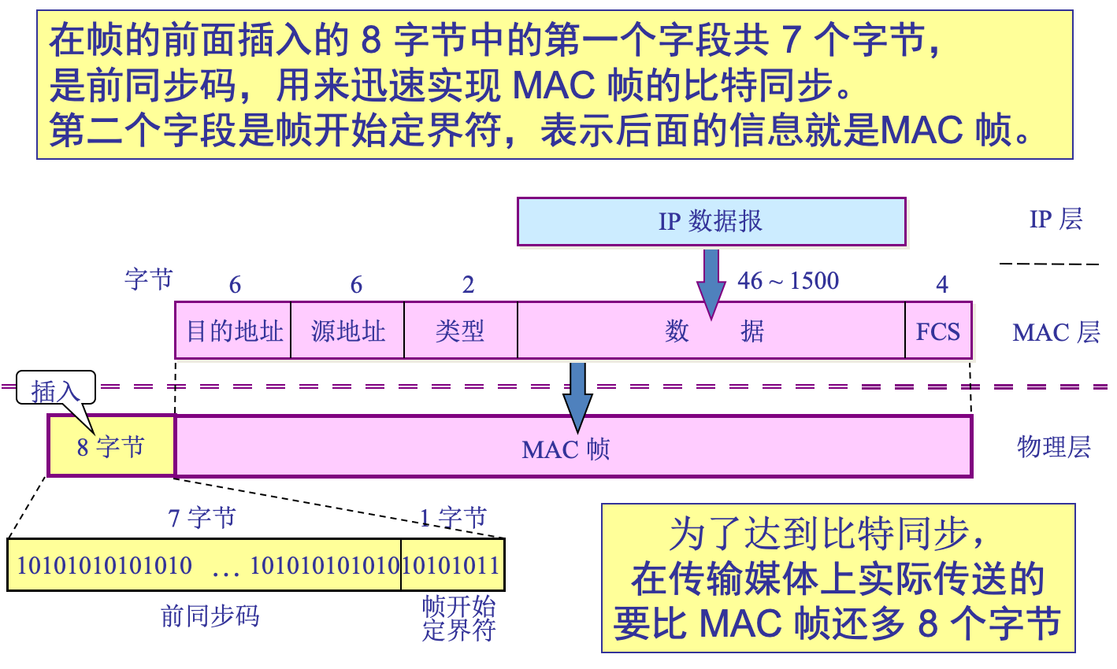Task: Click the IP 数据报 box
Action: point(711,221)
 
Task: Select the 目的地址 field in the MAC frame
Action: point(234,331)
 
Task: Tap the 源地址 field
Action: point(347,331)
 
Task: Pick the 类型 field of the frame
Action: point(460,331)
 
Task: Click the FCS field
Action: point(937,331)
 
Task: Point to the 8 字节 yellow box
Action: point(111,447)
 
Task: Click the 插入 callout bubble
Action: point(56,389)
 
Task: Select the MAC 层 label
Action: point(1056,332)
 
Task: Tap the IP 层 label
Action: point(1056,219)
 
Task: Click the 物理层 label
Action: point(1054,447)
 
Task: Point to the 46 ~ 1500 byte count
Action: point(788,281)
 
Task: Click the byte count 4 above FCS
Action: point(941,285)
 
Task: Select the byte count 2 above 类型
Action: point(468,285)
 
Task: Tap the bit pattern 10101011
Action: point(451,565)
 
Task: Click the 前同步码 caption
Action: point(210,615)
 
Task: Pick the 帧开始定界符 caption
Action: point(458,618)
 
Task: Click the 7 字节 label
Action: point(202,518)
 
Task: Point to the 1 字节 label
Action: point(453,517)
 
